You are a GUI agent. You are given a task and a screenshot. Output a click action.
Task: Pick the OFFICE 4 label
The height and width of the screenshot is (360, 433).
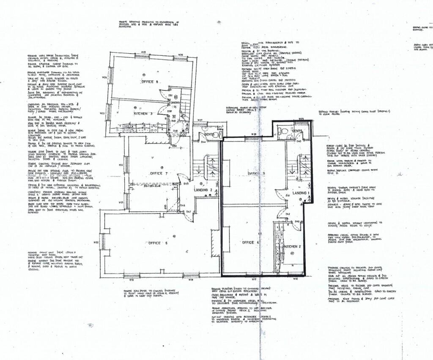[x=250, y=243]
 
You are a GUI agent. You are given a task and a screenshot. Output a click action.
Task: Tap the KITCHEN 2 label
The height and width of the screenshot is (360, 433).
[x=292, y=246]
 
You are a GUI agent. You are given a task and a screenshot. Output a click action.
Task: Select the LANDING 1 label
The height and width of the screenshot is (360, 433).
[x=299, y=193]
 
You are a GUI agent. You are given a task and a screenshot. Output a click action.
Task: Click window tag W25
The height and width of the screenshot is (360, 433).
[x=143, y=52]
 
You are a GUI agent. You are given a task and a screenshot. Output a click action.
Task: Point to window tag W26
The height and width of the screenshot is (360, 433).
[x=180, y=55]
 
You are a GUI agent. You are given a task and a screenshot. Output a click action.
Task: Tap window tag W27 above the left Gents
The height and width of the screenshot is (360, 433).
[x=200, y=120]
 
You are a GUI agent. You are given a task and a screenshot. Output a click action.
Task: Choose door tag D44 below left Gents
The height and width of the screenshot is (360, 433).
[x=203, y=142]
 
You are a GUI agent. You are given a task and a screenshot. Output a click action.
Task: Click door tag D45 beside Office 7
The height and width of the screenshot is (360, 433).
[x=186, y=183]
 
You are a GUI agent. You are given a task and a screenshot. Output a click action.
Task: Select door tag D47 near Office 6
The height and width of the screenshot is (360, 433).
[x=189, y=211]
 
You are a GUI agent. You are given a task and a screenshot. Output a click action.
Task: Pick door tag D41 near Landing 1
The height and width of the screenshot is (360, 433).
[x=287, y=196]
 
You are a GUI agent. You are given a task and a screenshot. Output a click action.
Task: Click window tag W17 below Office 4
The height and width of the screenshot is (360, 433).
[x=255, y=279]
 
